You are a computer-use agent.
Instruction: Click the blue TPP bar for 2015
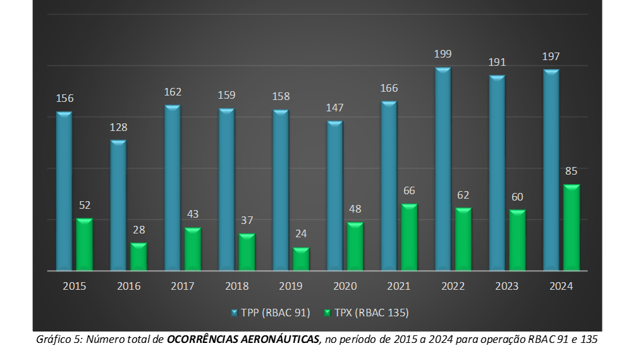[64, 191]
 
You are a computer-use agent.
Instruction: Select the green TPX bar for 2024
[572, 228]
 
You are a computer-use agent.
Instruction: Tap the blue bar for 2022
[443, 169]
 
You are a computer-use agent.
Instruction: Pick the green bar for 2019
[301, 259]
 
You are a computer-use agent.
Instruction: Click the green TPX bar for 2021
[409, 237]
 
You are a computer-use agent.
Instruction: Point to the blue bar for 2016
[118, 205]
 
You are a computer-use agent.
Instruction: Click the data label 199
[443, 54]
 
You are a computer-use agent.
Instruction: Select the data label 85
[572, 171]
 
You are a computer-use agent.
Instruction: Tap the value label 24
[301, 234]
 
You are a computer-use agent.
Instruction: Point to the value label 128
[118, 127]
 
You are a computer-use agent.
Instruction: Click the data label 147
[334, 108]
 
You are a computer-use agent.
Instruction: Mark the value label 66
[409, 190]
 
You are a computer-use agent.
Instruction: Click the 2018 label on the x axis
[237, 286]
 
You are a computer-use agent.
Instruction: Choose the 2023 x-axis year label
[507, 286]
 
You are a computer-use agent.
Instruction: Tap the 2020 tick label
[345, 286]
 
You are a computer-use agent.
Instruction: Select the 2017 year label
[183, 286]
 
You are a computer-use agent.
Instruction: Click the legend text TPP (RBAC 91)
[276, 313]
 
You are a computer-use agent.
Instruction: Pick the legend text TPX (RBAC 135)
[372, 313]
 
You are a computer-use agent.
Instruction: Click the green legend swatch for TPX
[327, 313]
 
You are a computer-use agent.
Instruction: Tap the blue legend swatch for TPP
[235, 313]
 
